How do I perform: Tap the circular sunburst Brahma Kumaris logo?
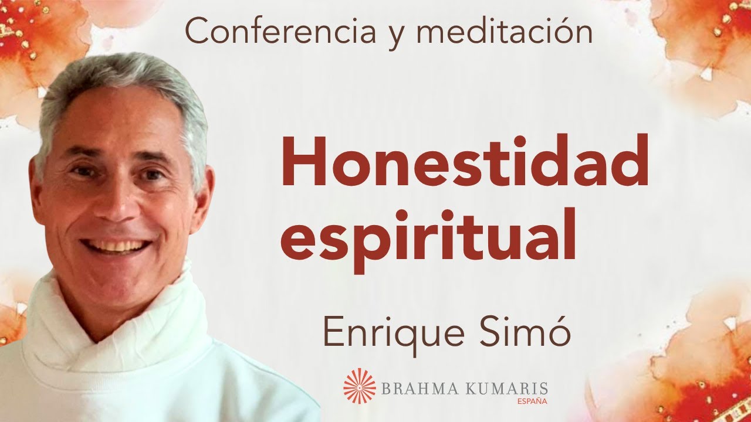click(x=360, y=385)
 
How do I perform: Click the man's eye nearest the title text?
click(x=154, y=174)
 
